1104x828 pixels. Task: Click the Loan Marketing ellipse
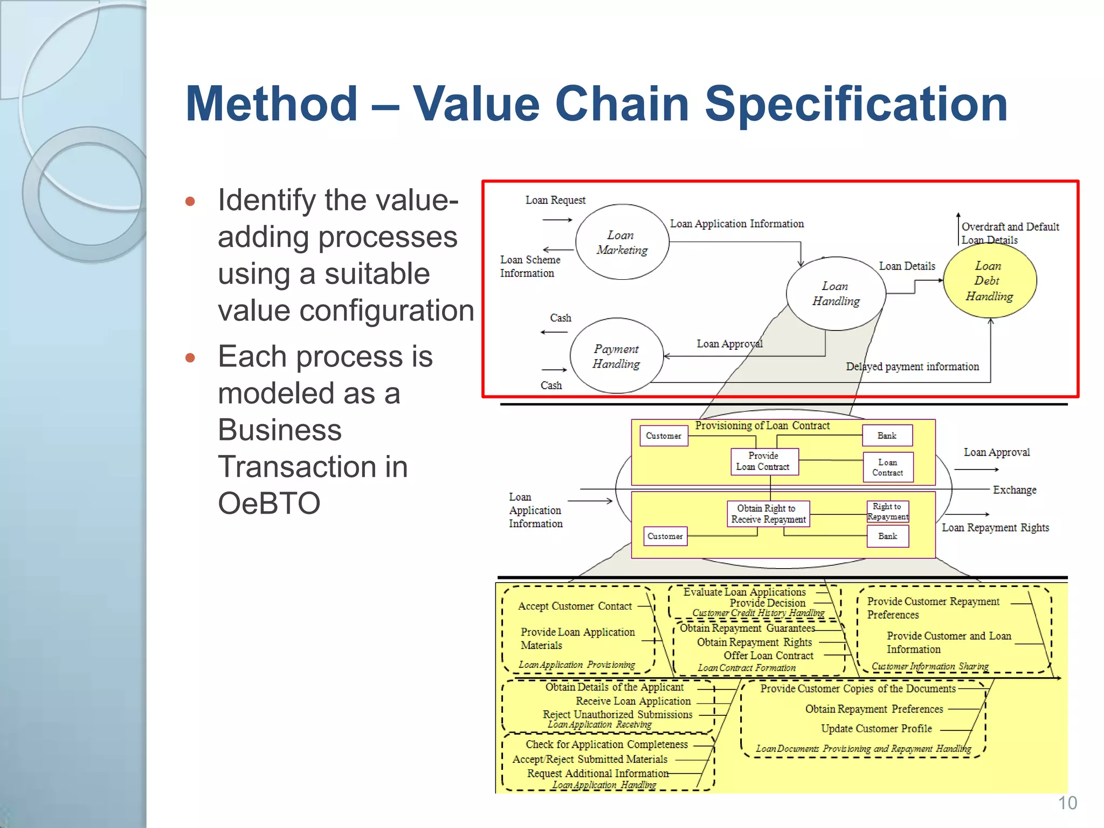pyautogui.click(x=622, y=242)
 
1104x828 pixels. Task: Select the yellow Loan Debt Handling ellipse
pyautogui.click(x=990, y=281)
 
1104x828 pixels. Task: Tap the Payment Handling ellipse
pyautogui.click(x=616, y=356)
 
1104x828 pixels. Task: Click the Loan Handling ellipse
pyautogui.click(x=836, y=294)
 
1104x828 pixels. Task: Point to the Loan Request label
pyautogui.click(x=555, y=201)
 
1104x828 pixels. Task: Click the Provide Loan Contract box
pyautogui.click(x=763, y=461)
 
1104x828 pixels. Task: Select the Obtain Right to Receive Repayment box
pyautogui.click(x=768, y=514)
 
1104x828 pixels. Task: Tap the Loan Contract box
pyautogui.click(x=887, y=467)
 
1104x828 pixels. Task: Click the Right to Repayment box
pyautogui.click(x=887, y=511)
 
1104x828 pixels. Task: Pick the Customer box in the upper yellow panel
pyautogui.click(x=664, y=436)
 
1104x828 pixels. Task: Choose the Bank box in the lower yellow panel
pyautogui.click(x=887, y=536)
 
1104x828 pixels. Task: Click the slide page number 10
pyautogui.click(x=1067, y=803)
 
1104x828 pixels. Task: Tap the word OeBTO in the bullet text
pyautogui.click(x=269, y=503)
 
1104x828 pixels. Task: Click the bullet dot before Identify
pyautogui.click(x=190, y=202)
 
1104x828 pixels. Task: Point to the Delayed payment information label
pyautogui.click(x=912, y=367)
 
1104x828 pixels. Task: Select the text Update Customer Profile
pyautogui.click(x=876, y=729)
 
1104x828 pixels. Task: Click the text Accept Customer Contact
pyautogui.click(x=575, y=606)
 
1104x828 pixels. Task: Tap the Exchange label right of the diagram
pyautogui.click(x=1015, y=490)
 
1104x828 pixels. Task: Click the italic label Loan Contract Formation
pyautogui.click(x=746, y=668)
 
